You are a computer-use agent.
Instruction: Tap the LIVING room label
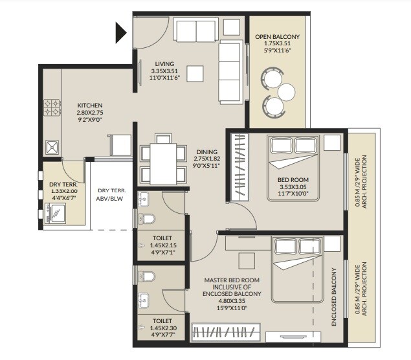(164, 63)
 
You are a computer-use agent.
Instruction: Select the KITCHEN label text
(90, 106)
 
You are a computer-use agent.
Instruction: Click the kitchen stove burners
(52, 107)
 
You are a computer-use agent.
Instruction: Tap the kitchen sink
(51, 148)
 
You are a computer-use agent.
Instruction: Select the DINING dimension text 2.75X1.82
(207, 159)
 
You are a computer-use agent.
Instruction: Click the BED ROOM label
(293, 179)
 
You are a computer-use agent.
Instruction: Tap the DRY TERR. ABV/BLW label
(111, 195)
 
